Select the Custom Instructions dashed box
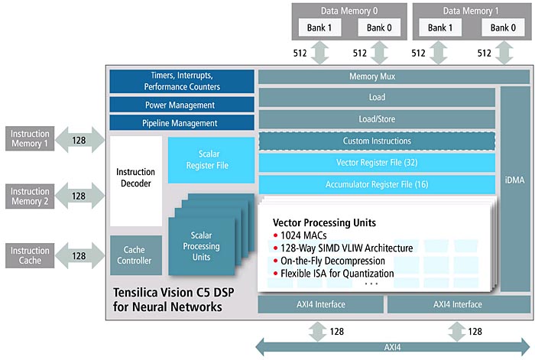(x=377, y=141)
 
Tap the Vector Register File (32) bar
(x=377, y=163)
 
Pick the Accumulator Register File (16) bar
(x=377, y=185)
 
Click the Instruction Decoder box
(x=136, y=181)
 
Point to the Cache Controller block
(x=136, y=255)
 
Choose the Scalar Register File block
(x=211, y=160)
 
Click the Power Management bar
(x=182, y=105)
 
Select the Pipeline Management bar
(x=182, y=123)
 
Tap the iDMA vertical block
(x=515, y=189)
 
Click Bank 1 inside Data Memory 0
(x=319, y=28)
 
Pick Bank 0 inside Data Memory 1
(x=503, y=28)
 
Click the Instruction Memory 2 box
(x=30, y=196)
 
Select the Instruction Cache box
(x=30, y=255)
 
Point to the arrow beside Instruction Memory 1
(x=79, y=140)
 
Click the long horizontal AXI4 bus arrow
(x=393, y=347)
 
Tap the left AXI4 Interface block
(x=321, y=304)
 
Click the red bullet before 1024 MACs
(x=275, y=235)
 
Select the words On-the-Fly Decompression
(x=332, y=261)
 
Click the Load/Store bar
(x=377, y=119)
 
